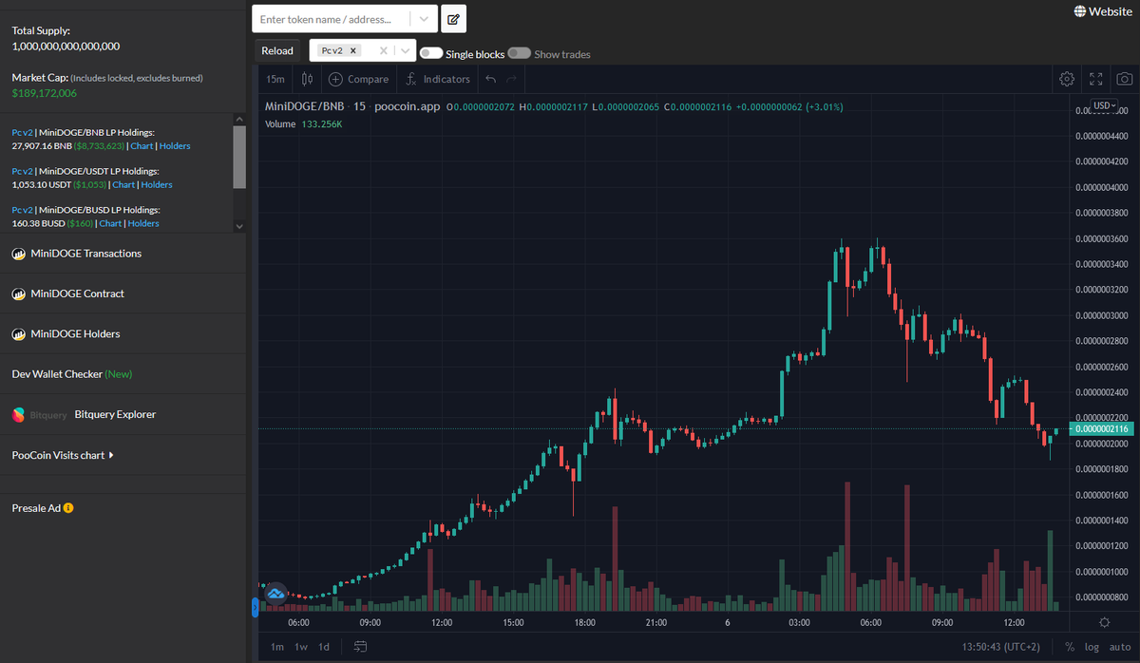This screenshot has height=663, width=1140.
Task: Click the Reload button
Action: [x=277, y=51]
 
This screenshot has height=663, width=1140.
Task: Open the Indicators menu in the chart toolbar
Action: [x=438, y=80]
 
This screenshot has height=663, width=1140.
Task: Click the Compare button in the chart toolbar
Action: [x=358, y=80]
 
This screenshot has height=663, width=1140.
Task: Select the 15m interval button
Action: [x=275, y=80]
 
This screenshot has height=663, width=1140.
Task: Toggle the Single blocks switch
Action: [x=430, y=54]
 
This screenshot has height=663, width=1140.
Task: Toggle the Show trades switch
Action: [x=519, y=54]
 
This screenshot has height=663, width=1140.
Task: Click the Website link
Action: [x=1103, y=11]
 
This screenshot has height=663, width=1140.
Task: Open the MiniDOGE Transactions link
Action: [x=85, y=254]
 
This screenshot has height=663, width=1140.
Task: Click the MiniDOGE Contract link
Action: [x=77, y=294]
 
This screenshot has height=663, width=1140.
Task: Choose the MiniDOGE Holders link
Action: [x=75, y=334]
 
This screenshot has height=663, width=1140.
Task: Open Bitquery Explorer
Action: [x=115, y=414]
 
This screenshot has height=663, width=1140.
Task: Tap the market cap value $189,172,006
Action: [x=45, y=93]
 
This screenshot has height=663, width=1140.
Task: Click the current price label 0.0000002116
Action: [x=1101, y=429]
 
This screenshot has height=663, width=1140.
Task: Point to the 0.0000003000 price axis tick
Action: [x=1101, y=315]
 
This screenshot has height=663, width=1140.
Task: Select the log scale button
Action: [x=1092, y=647]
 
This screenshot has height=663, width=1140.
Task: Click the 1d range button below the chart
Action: [x=324, y=647]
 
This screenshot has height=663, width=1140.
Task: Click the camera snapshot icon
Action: [x=1124, y=80]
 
